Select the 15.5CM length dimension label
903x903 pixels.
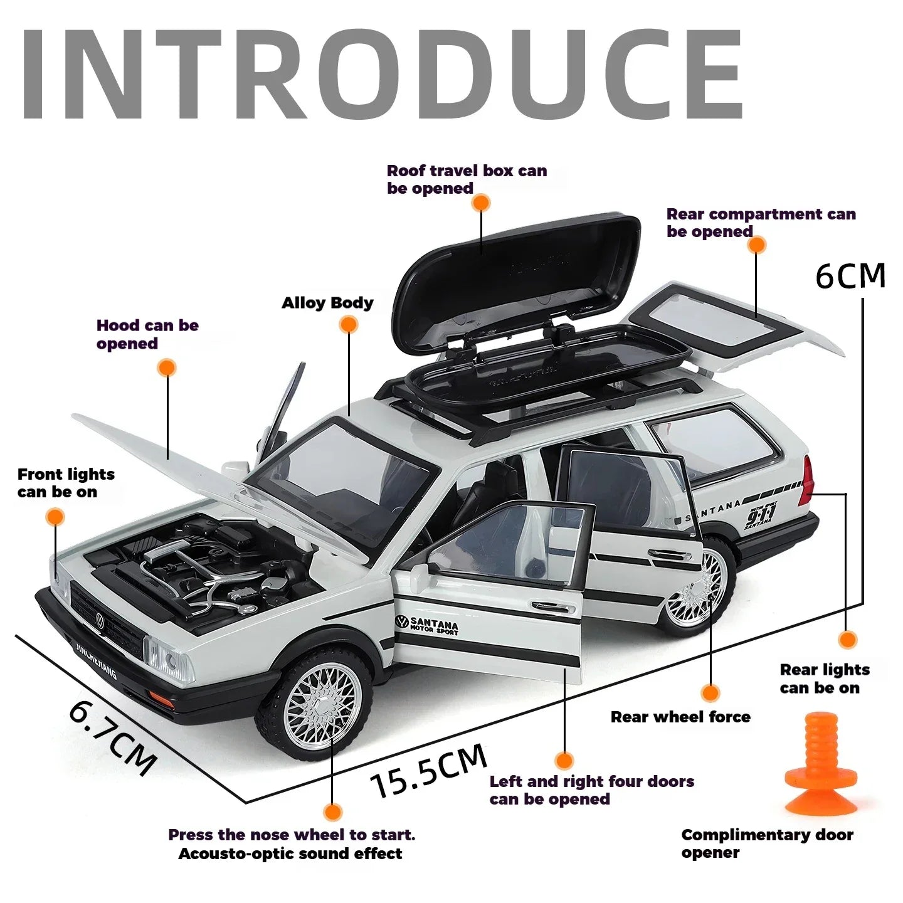(428, 770)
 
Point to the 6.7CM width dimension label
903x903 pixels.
(113, 737)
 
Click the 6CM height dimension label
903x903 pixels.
(850, 276)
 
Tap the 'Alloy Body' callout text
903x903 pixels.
(327, 304)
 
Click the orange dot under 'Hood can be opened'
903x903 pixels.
(167, 368)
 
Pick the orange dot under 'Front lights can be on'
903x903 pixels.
(55, 517)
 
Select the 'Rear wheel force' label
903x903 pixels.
(680, 717)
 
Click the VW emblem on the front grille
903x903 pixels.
(100, 621)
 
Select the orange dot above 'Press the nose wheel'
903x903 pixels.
(333, 813)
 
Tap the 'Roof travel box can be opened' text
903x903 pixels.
(467, 179)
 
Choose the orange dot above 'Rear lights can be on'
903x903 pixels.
(847, 640)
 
